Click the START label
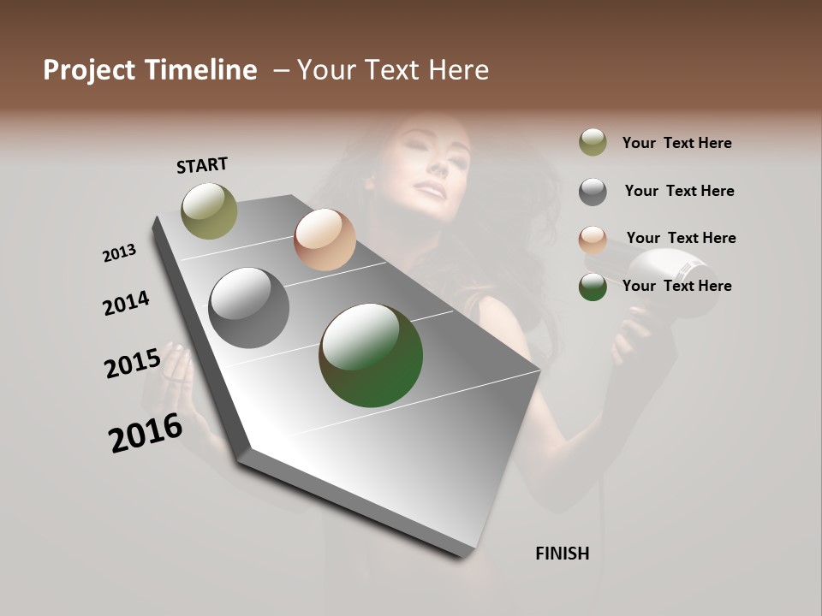click(202, 165)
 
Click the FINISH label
click(562, 554)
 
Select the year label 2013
click(120, 253)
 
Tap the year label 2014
click(126, 303)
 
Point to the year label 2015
click(133, 363)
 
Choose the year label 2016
click(146, 433)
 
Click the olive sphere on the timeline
click(210, 210)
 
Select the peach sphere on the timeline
click(325, 240)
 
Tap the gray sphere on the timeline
click(248, 308)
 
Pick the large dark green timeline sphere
click(371, 355)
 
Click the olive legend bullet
click(593, 142)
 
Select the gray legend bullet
click(593, 192)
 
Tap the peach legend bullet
click(593, 240)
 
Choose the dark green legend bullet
click(593, 287)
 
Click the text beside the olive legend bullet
click(676, 143)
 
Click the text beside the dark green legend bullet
click(676, 286)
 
